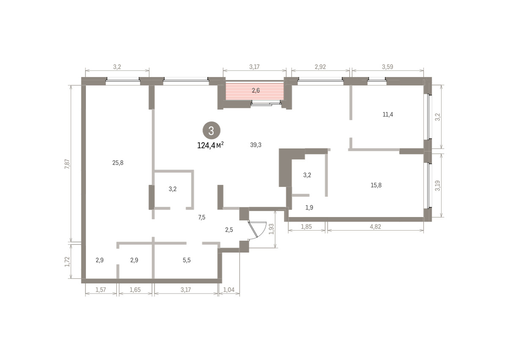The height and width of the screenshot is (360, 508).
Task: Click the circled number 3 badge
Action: [211, 131]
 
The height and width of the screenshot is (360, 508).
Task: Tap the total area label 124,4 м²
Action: [210, 145]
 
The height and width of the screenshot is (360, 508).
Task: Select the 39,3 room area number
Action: [256, 145]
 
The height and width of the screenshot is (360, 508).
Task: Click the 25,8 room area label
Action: [118, 163]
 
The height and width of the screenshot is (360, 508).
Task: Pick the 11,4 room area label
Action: [388, 115]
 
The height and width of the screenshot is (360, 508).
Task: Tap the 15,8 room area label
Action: [376, 185]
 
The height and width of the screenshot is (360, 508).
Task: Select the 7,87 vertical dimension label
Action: [67, 164]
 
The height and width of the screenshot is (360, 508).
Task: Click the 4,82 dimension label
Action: [375, 227]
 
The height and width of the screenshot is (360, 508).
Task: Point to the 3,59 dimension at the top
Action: [388, 67]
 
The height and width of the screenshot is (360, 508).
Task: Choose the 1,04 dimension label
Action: [229, 290]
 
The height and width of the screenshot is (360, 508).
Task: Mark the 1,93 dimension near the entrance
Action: [271, 229]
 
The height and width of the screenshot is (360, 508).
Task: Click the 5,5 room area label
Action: [187, 260]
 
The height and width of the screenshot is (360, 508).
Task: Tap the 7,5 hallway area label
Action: [202, 217]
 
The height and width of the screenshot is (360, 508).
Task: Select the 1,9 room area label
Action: [309, 208]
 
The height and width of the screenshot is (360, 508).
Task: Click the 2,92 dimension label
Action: [320, 67]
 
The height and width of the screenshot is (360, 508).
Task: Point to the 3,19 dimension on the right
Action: [438, 186]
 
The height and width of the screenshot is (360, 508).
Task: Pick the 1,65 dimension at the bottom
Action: [135, 290]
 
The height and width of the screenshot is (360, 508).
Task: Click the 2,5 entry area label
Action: [229, 230]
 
